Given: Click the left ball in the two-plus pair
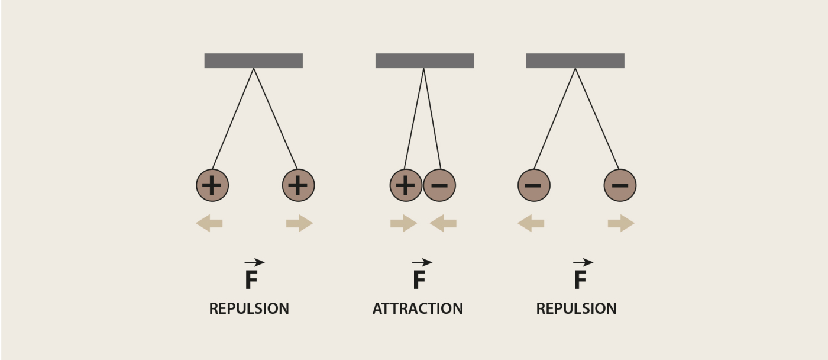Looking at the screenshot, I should [x=212, y=185].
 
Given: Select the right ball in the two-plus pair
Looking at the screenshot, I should [x=298, y=185].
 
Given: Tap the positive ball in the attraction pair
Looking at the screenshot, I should [x=406, y=185].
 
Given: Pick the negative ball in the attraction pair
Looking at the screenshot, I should [x=439, y=185].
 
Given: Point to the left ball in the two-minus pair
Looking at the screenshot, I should [x=533, y=185].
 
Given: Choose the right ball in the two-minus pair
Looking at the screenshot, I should [x=620, y=185].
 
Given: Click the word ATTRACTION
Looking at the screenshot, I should [x=418, y=308].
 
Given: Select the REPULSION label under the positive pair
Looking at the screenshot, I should [x=249, y=308].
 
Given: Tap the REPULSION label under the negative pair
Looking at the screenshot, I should [x=576, y=308].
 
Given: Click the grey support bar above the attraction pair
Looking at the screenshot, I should [x=425, y=60].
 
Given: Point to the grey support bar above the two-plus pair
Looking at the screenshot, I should [x=254, y=60].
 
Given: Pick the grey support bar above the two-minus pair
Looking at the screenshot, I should [x=575, y=60].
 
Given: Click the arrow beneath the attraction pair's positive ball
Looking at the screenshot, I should [x=403, y=223].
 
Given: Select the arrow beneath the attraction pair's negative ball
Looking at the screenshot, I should [x=443, y=223].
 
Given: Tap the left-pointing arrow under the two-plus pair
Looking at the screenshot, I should [x=209, y=223].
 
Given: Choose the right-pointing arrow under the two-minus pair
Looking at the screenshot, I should [x=621, y=223].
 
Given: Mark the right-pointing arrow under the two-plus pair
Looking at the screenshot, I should [x=299, y=223].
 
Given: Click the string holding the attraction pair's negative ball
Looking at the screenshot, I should [x=432, y=118].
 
